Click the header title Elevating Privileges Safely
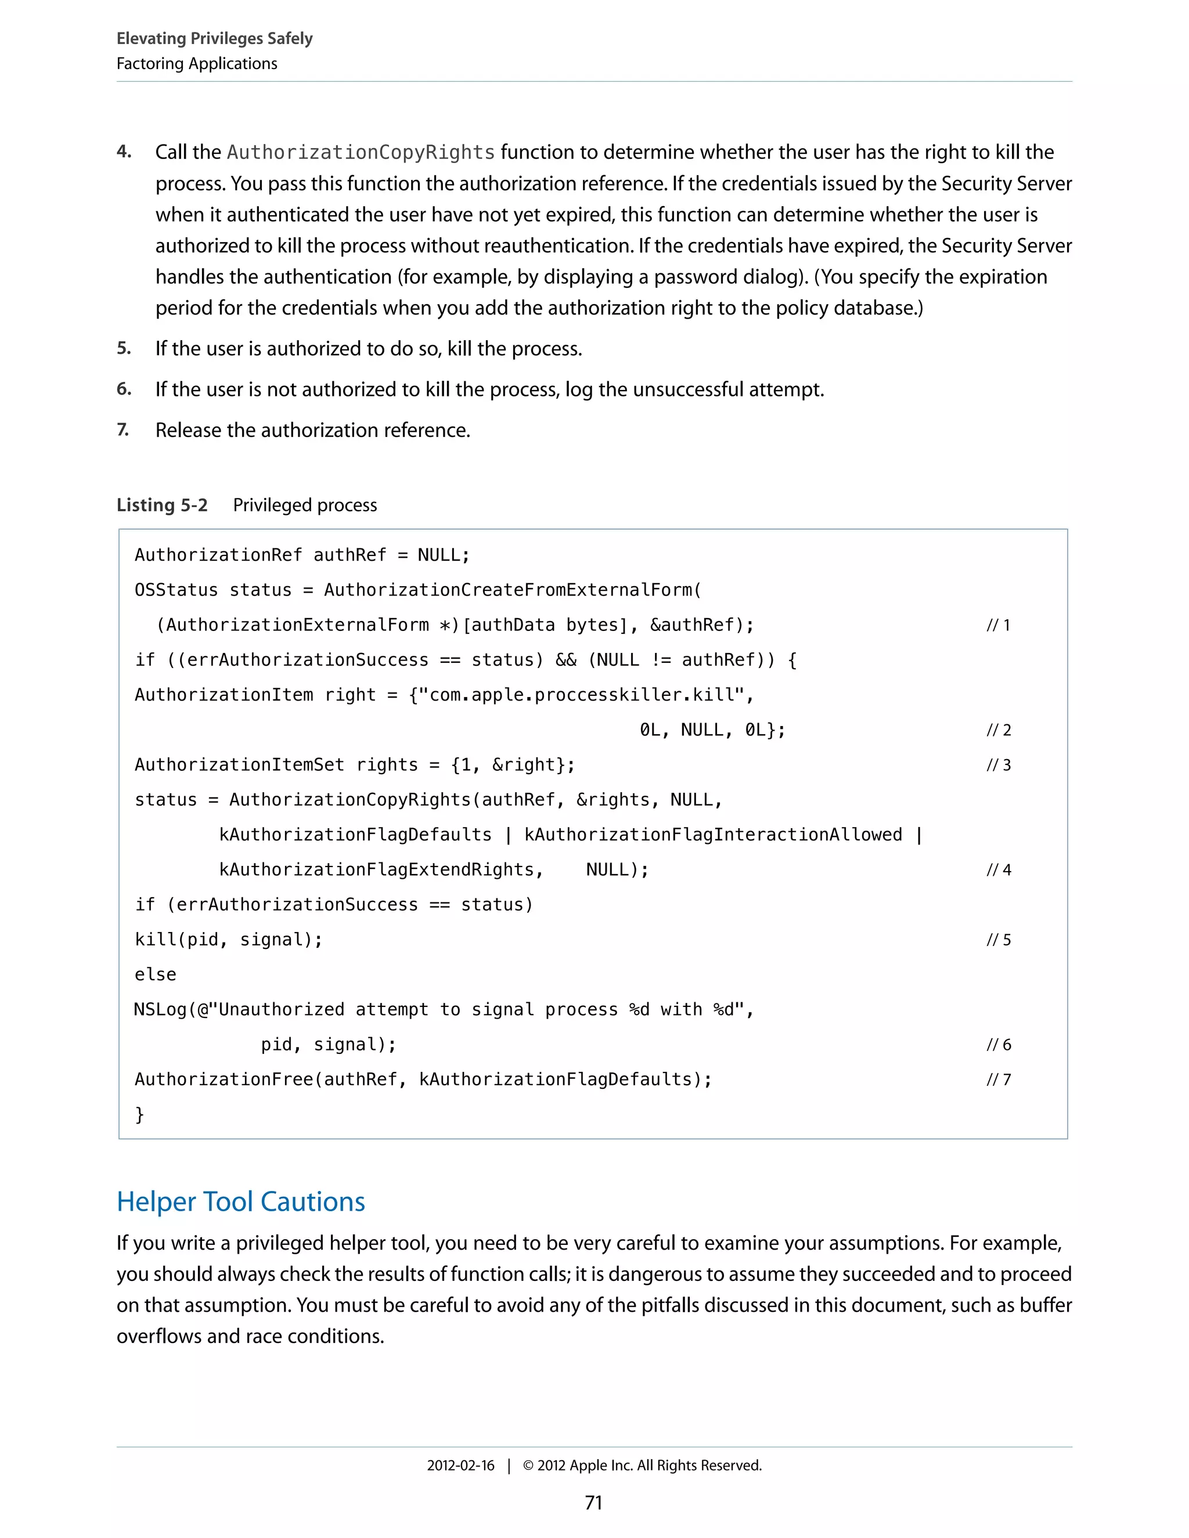tap(214, 38)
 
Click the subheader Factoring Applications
tap(197, 63)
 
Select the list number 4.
tap(124, 151)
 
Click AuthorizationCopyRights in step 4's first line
tap(361, 152)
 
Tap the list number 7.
tap(122, 429)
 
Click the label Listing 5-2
tap(162, 505)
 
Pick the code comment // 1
tap(997, 625)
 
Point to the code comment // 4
tap(997, 871)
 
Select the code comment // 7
tap(997, 1080)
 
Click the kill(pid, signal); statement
tap(228, 940)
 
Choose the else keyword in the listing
tap(155, 974)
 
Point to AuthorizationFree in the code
tap(224, 1080)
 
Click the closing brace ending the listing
tap(139, 1114)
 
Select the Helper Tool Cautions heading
tap(241, 1201)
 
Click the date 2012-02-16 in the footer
tap(460, 1465)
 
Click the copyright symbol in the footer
tap(528, 1465)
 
